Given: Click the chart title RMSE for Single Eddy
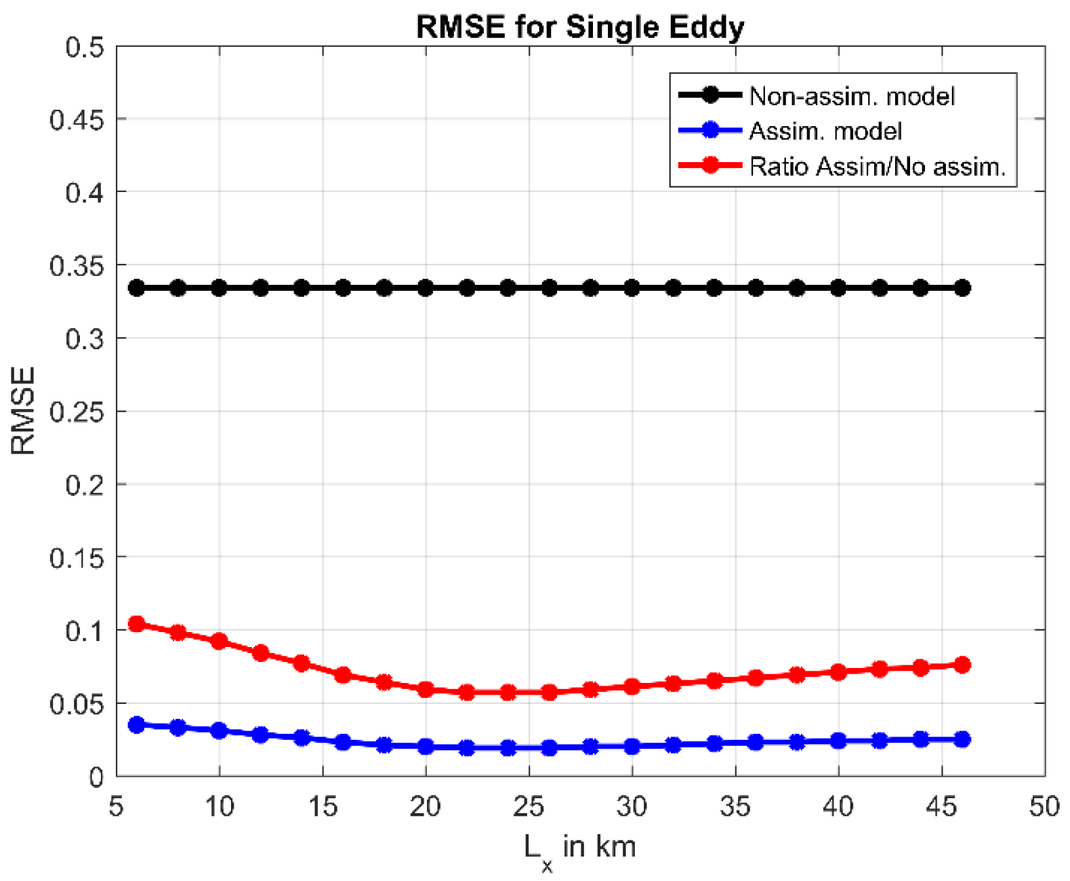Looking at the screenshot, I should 580,27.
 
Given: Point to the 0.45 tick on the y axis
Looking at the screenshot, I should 77,120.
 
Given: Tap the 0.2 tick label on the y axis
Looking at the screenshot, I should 85,485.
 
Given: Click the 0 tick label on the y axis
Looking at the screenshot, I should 96,777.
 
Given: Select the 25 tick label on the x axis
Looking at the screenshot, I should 529,807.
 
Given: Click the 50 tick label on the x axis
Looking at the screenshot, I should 1044,807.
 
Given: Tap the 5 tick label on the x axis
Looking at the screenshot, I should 117,807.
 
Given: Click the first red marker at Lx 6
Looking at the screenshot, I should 137,623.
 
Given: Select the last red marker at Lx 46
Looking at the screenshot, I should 962,665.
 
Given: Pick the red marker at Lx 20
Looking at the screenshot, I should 426,689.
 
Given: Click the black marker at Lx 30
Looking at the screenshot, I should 632,288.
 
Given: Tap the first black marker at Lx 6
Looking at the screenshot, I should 137,288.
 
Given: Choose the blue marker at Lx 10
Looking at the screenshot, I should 219,730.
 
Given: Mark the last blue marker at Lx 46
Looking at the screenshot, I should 962,739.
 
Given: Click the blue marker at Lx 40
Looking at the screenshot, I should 838,741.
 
